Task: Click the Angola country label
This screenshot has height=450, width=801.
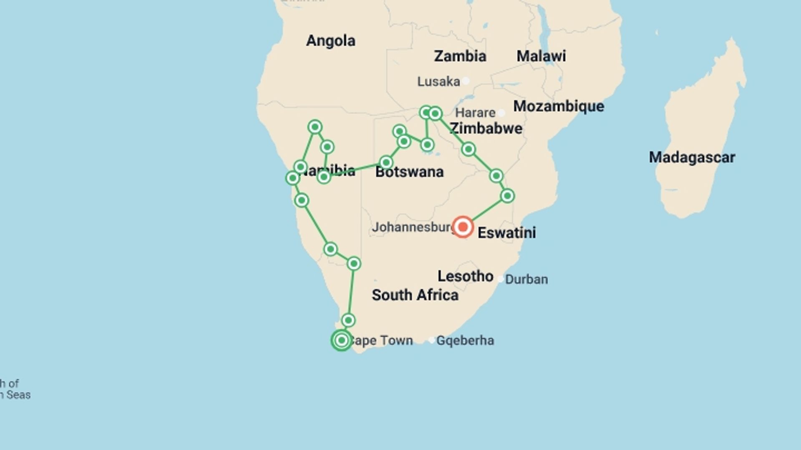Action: point(330,41)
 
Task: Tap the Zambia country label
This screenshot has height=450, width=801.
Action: point(460,56)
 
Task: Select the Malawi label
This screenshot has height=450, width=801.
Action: point(541,56)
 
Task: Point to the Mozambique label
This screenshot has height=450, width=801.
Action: point(558,106)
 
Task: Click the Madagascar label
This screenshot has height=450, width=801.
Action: point(692,157)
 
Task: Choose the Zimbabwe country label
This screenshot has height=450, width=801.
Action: point(486,129)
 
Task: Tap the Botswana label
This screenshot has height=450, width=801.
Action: point(409,172)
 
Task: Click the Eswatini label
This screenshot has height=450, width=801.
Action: point(506,233)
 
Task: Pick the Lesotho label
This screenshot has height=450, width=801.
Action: point(465,276)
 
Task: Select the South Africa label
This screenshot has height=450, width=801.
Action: point(415,295)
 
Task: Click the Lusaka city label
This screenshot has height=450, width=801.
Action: point(438,81)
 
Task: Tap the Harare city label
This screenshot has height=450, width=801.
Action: point(475,113)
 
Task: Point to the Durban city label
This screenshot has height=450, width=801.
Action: point(526,279)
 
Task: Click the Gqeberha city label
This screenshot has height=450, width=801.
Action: point(465,341)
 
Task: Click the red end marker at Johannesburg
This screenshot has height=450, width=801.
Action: point(463,227)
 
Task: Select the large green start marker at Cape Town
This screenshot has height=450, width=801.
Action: point(341,340)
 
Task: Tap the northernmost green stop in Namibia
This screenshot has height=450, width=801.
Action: point(315,127)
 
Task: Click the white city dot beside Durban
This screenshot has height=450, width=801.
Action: point(500,279)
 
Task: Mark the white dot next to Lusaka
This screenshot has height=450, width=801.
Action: point(466,81)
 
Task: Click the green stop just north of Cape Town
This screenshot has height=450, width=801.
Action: point(348,320)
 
